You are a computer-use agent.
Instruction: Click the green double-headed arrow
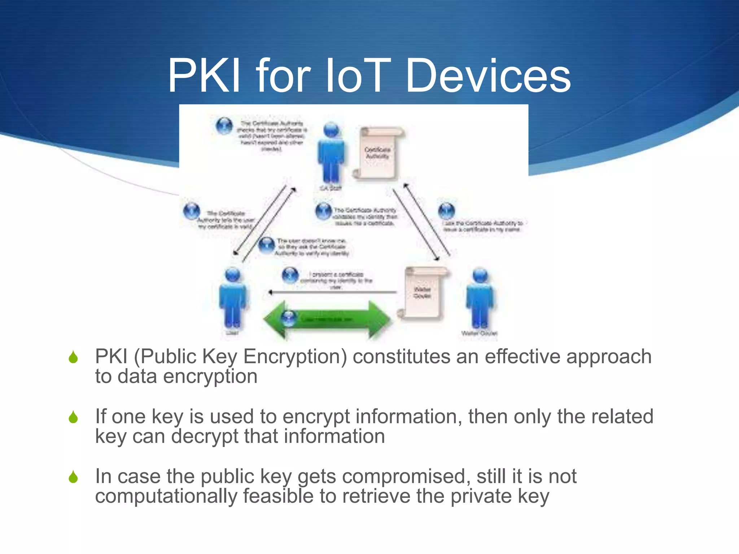(x=327, y=320)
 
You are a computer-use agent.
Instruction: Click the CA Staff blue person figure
(x=331, y=153)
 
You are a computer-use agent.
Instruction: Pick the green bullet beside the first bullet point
(x=73, y=357)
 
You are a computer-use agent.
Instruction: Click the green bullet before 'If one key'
(x=73, y=417)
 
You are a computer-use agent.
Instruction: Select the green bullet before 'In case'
(x=73, y=477)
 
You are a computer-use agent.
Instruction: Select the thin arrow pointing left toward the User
(x=332, y=293)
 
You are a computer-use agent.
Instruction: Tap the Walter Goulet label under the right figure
(x=479, y=333)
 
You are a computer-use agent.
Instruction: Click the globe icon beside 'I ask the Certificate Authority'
(x=446, y=210)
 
